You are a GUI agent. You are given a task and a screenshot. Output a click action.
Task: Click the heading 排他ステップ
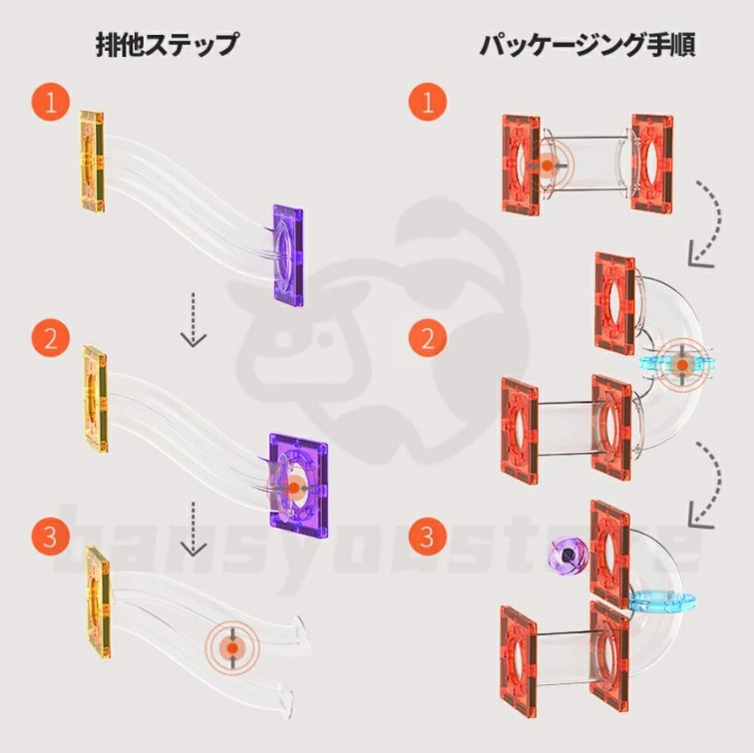[x=166, y=45]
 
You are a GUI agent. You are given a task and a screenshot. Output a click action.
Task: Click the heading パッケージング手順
[x=586, y=45]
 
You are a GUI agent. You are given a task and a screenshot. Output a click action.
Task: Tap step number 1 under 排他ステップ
[x=51, y=103]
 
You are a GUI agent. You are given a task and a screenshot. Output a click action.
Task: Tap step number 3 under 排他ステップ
[x=51, y=537]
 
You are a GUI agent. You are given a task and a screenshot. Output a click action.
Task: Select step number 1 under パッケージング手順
[x=428, y=103]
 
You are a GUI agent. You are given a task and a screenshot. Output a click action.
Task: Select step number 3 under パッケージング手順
[x=428, y=537]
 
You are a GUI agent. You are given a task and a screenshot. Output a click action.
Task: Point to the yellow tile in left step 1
[x=92, y=162]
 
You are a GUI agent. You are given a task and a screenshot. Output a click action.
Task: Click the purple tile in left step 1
[x=288, y=255]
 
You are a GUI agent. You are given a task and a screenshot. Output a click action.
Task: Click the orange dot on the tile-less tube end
[x=232, y=648]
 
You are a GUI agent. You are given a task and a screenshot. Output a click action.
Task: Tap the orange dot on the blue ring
[x=681, y=365]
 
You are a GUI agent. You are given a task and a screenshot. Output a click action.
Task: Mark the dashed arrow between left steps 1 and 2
[x=193, y=319]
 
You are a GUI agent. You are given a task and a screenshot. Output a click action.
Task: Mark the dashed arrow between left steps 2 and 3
[x=193, y=529]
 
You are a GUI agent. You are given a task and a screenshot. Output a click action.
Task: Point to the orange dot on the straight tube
[x=547, y=165]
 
